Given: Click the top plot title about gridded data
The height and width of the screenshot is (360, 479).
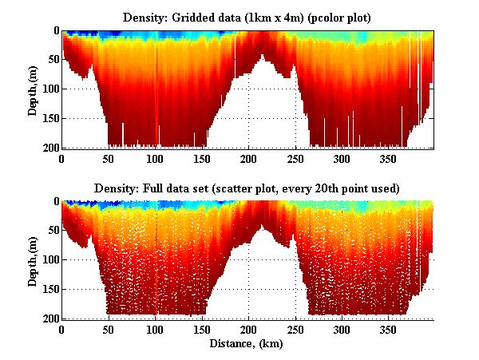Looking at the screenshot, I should coord(247,17).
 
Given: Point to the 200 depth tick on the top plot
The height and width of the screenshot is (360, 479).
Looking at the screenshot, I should coord(50,148).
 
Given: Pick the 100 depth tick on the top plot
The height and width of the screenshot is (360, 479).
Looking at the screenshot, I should coord(50,89).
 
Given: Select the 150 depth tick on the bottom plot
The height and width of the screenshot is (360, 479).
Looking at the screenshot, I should coord(50,289).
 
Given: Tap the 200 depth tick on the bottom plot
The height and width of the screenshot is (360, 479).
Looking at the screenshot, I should coord(50,318).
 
